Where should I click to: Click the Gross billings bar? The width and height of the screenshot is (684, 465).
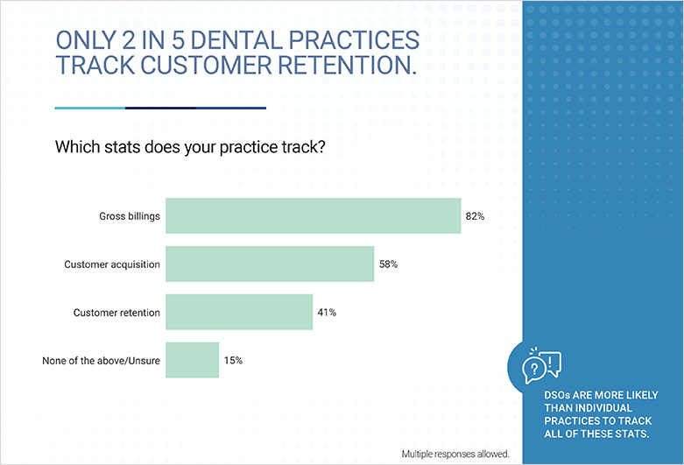[x=314, y=216]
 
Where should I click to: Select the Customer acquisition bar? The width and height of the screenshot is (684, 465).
[x=270, y=264]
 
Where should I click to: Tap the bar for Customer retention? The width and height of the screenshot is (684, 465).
[x=239, y=312]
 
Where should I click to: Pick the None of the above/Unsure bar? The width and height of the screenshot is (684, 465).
[x=193, y=360]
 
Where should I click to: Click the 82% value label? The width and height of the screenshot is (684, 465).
[x=475, y=216]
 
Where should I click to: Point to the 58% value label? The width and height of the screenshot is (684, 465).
[x=388, y=264]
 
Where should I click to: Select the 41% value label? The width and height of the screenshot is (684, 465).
[x=327, y=313]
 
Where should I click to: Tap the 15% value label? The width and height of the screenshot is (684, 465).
[x=233, y=360]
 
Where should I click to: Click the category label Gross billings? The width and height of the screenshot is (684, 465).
[x=130, y=216]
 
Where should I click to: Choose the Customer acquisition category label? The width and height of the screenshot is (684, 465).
[x=112, y=264]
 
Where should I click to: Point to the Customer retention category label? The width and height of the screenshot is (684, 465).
[x=116, y=313]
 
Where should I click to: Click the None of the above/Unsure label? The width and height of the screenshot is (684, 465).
[x=102, y=361]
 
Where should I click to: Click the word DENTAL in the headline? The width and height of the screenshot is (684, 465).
[x=236, y=40]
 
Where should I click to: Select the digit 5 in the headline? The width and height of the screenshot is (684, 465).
[x=178, y=40]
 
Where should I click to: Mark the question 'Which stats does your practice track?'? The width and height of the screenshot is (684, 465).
[x=190, y=147]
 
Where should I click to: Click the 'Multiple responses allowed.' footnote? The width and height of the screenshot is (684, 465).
[x=455, y=454]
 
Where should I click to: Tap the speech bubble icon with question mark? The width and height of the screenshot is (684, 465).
[x=533, y=370]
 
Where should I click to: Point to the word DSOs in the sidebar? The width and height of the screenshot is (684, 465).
[x=557, y=395]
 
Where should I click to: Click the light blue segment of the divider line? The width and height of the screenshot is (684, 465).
[x=90, y=108]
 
